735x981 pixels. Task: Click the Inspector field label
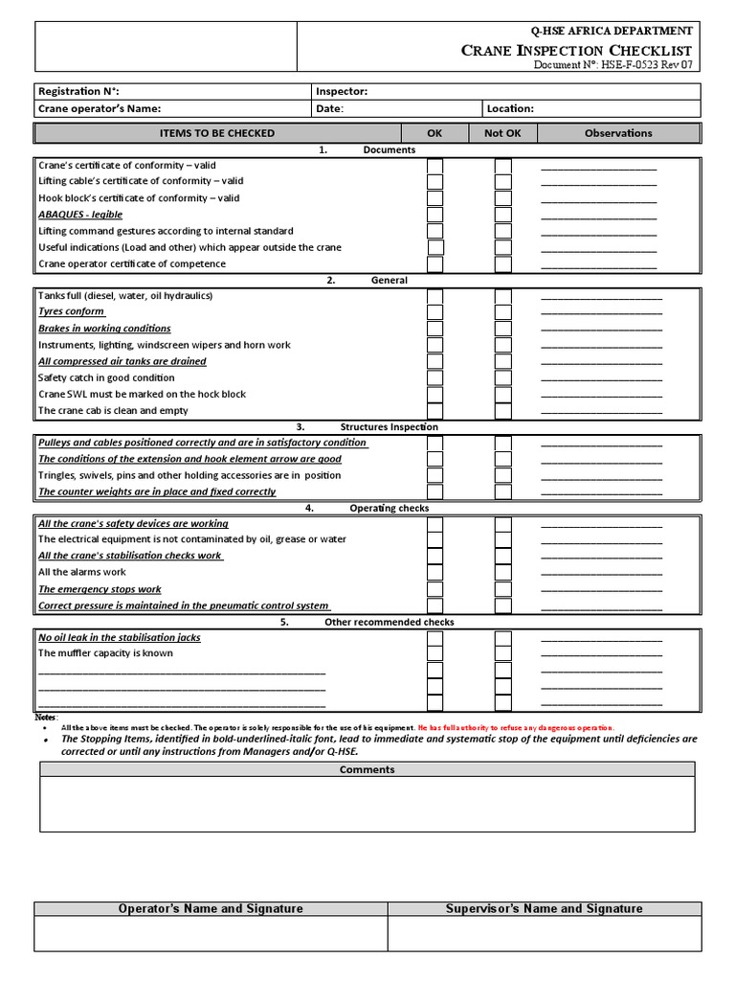(342, 92)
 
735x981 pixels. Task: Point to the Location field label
(511, 109)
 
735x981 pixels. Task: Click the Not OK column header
(502, 133)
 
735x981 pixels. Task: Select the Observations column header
(618, 133)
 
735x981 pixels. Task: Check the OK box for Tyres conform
(435, 312)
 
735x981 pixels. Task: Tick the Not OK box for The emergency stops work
(503, 590)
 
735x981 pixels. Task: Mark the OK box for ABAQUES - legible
(435, 216)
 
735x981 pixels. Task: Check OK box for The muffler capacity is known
(435, 654)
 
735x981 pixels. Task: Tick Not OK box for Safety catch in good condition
(503, 378)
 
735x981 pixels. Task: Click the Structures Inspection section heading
(389, 427)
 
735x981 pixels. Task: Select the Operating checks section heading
(389, 508)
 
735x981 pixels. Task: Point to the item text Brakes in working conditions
(104, 329)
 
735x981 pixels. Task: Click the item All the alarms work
(82, 573)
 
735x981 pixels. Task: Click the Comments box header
(367, 769)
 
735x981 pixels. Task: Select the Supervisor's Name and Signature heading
(544, 908)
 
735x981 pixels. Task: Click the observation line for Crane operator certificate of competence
(599, 265)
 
